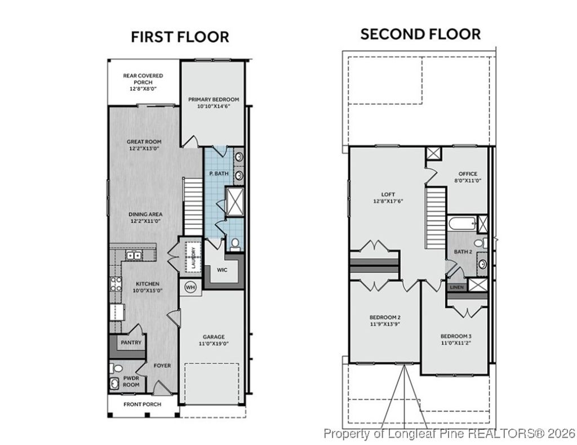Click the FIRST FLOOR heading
(x=180, y=37)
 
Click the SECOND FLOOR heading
(x=420, y=34)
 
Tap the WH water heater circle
(x=190, y=287)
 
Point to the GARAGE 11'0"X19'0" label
(x=213, y=340)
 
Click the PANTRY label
(x=131, y=342)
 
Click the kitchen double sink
(x=134, y=256)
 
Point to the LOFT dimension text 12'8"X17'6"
(x=388, y=201)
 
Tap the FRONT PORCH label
(x=142, y=404)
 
